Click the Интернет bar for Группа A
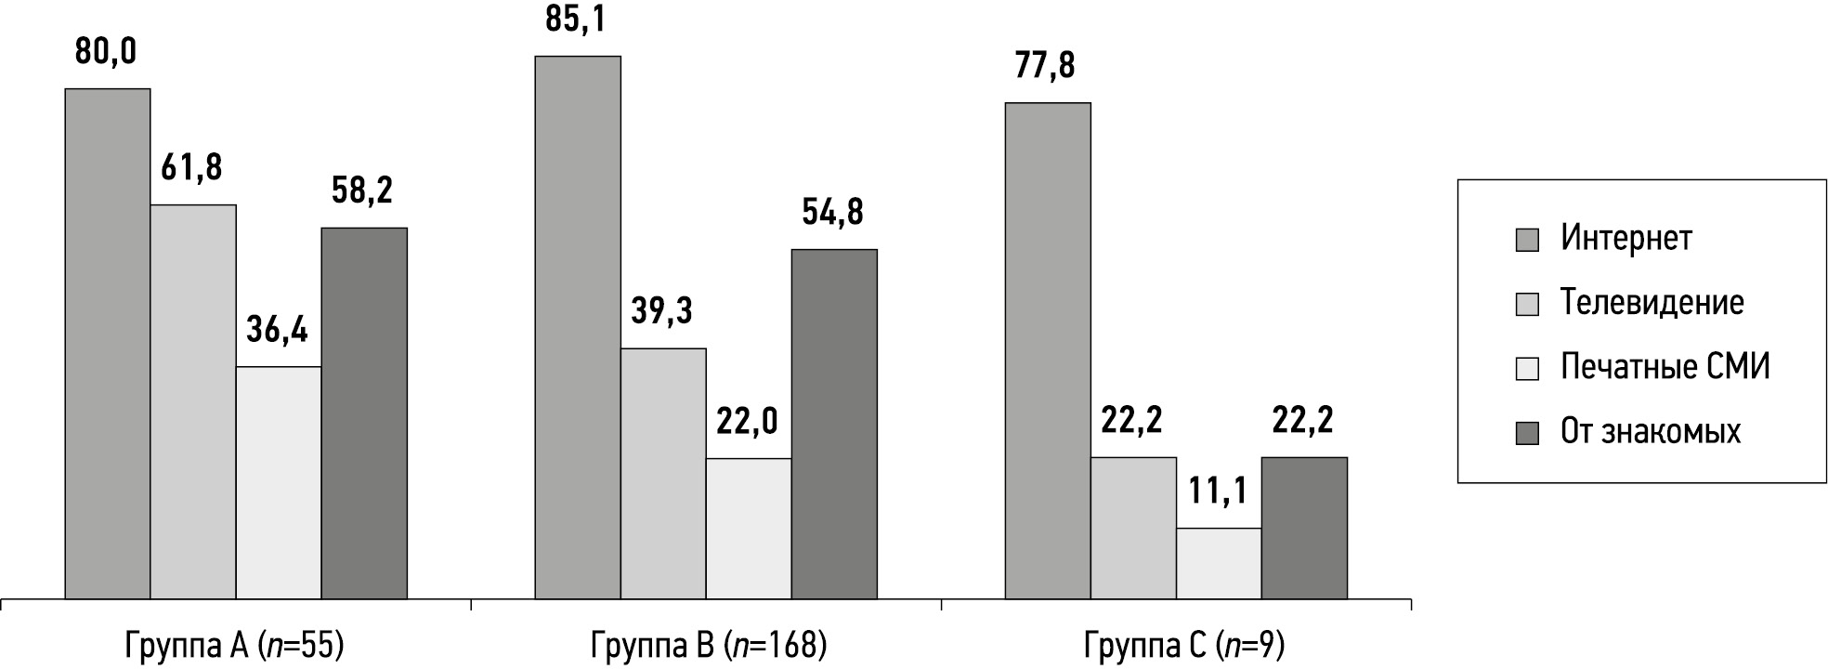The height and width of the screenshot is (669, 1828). [107, 344]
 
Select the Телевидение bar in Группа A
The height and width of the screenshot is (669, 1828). [193, 401]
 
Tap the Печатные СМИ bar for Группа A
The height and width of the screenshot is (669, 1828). [279, 483]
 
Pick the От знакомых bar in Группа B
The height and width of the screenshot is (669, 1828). [834, 424]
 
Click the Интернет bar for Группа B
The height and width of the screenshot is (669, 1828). [578, 327]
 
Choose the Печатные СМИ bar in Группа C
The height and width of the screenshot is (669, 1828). [1219, 563]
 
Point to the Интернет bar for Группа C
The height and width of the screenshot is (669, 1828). [1048, 350]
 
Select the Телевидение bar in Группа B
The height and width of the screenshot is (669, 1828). [663, 473]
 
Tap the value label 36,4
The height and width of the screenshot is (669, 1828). [277, 330]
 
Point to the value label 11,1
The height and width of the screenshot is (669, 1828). [1218, 491]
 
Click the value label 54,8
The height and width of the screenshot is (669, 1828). [832, 213]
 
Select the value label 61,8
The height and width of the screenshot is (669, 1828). [191, 168]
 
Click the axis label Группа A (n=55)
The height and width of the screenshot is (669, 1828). [234, 645]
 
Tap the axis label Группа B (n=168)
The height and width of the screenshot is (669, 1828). [708, 645]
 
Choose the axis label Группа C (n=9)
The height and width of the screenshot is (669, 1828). [1183, 645]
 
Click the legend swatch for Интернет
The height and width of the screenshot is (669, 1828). [1527, 240]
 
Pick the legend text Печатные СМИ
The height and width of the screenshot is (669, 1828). [1665, 367]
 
